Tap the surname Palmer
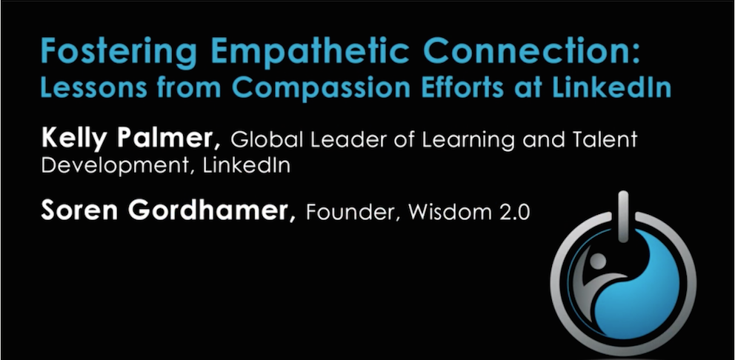point(167,139)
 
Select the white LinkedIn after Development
point(246,165)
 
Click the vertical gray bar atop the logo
point(623,216)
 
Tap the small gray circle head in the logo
point(598,261)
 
